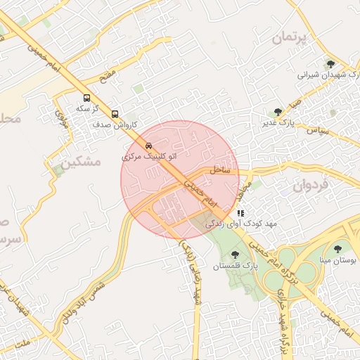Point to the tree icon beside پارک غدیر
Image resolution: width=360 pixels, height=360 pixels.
[278, 112]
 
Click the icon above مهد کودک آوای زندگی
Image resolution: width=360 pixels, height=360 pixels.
[240, 212]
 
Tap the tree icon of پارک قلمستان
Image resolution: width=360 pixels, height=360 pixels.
[234, 255]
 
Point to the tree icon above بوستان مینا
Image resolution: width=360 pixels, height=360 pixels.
[338, 248]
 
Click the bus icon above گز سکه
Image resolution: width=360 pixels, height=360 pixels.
[86, 98]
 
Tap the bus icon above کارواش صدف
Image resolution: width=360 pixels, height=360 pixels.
[115, 112]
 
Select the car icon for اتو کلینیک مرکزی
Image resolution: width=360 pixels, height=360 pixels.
[148, 146]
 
